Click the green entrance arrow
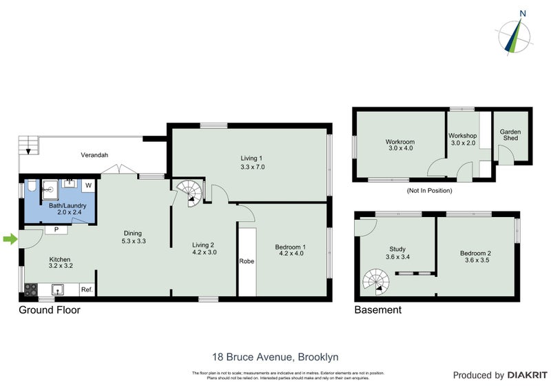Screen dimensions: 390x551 click(x=9, y=239)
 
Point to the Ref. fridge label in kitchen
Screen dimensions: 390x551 click(x=87, y=289)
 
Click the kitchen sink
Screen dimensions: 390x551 click(x=58, y=289)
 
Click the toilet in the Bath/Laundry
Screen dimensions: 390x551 click(x=31, y=186)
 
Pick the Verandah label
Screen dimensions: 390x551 click(x=94, y=155)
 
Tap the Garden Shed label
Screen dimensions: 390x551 click(x=510, y=135)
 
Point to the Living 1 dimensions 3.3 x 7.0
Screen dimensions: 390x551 click(x=253, y=167)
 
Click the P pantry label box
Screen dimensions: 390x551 click(x=56, y=229)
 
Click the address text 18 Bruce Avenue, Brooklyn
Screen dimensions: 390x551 click(x=275, y=357)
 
